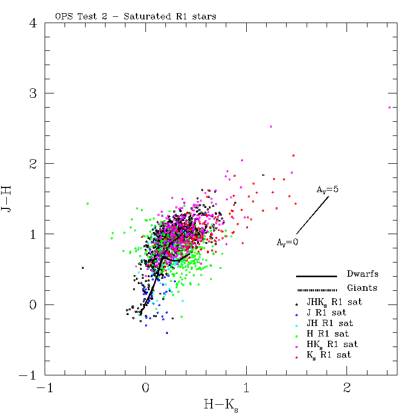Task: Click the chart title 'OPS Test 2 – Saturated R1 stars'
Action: point(135,16)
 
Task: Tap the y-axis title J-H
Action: point(6,198)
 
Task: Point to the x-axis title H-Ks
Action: point(221,405)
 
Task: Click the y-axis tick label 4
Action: point(33,23)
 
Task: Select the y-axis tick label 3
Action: point(33,93)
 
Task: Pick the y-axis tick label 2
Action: point(33,163)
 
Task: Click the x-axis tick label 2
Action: point(347,387)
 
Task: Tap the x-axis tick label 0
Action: point(145,387)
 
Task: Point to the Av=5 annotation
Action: point(327,190)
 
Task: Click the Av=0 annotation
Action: point(287,243)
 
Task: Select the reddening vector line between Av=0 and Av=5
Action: point(312,215)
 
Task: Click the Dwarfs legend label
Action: point(362,274)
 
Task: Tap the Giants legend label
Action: point(362,288)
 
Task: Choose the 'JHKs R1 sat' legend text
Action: point(334,302)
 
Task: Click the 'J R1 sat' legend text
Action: point(326,312)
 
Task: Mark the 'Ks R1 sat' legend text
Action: point(329,355)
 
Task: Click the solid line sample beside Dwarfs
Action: point(317,276)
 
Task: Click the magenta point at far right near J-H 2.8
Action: point(390,108)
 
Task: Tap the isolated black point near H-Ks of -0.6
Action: point(83,268)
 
